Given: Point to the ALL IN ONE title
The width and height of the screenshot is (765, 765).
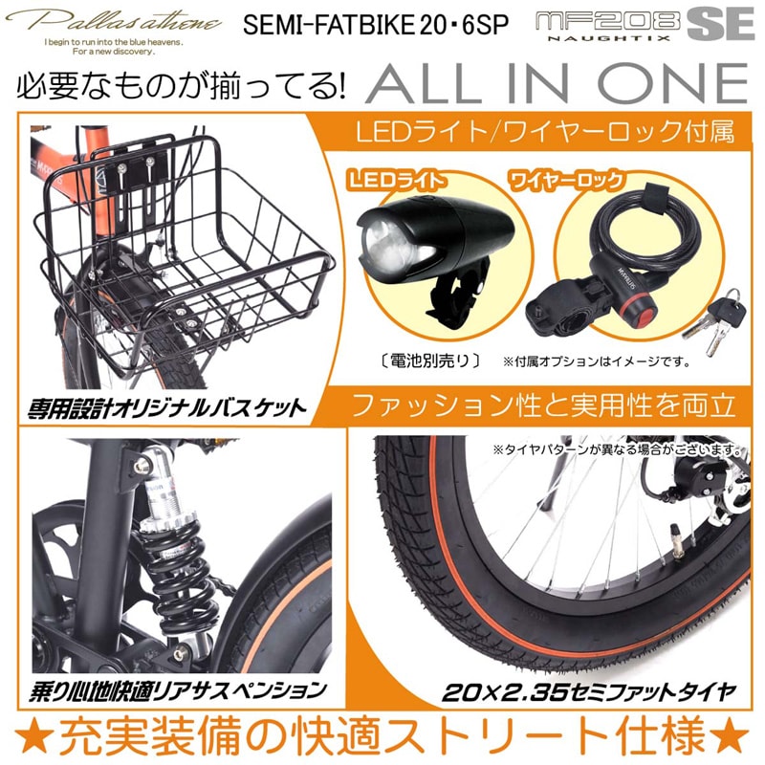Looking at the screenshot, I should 555,85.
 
